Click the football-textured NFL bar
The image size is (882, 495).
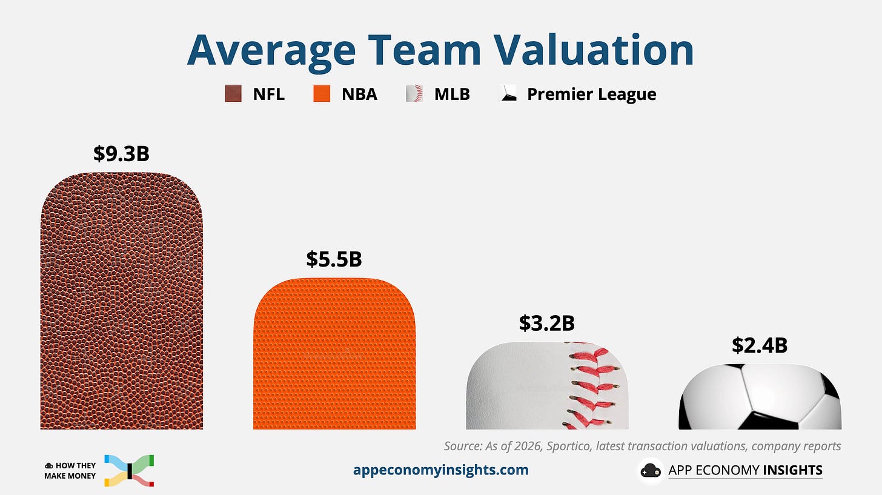click(122, 301)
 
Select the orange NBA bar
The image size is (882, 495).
click(334, 354)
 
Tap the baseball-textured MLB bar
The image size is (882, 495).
click(547, 385)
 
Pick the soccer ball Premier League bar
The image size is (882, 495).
click(760, 397)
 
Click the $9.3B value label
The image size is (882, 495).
click(121, 153)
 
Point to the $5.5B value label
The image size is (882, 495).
click(334, 259)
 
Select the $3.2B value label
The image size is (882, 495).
click(546, 323)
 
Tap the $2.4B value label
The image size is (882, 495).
click(760, 345)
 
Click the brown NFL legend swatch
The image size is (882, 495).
click(233, 94)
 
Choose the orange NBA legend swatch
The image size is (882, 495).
click(322, 94)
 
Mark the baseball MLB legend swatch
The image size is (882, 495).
click(414, 94)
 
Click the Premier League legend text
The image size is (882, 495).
click(591, 94)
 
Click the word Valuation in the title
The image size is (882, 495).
click(594, 50)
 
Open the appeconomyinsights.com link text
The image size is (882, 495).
click(440, 470)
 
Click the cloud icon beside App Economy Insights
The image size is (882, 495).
click(651, 471)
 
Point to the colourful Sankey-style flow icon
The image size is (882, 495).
click(129, 471)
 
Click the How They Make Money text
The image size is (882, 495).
click(70, 471)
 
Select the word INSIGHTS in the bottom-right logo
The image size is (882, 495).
click(792, 470)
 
